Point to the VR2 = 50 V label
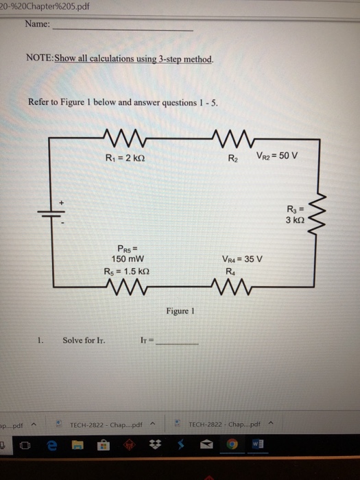coord(276,154)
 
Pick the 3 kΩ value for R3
coord(298,220)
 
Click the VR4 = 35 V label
coord(243,259)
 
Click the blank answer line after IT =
coord(178,341)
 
